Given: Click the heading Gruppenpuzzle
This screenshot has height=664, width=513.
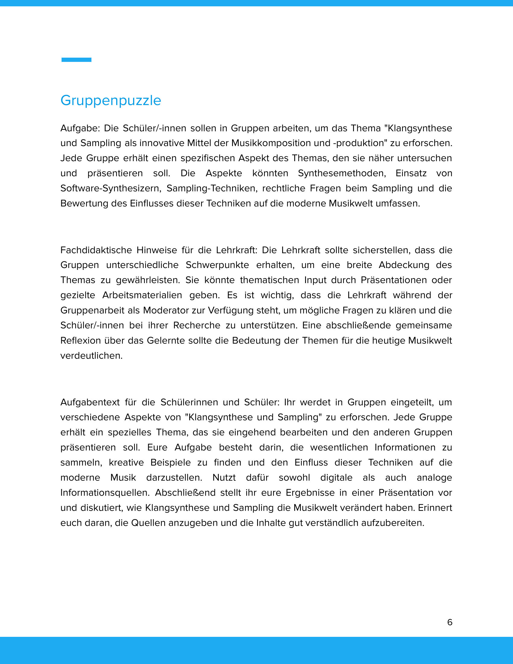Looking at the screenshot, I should (111, 100).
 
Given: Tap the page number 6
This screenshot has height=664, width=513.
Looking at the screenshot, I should (450, 622).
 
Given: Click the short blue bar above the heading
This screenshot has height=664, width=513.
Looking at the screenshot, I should (76, 60).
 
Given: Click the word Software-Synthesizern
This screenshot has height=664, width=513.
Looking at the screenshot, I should (111, 188).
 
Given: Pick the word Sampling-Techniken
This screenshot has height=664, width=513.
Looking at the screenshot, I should (212, 188).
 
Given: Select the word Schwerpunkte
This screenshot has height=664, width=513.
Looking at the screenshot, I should (217, 265).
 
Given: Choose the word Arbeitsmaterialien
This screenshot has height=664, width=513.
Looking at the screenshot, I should (142, 295).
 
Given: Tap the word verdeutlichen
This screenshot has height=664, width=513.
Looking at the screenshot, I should (91, 356).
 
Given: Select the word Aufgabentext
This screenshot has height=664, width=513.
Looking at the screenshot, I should (90, 402).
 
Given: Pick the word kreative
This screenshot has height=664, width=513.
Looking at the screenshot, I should (126, 462).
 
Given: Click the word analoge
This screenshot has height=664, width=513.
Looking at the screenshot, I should (434, 477).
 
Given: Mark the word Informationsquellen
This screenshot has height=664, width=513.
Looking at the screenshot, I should (105, 492).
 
